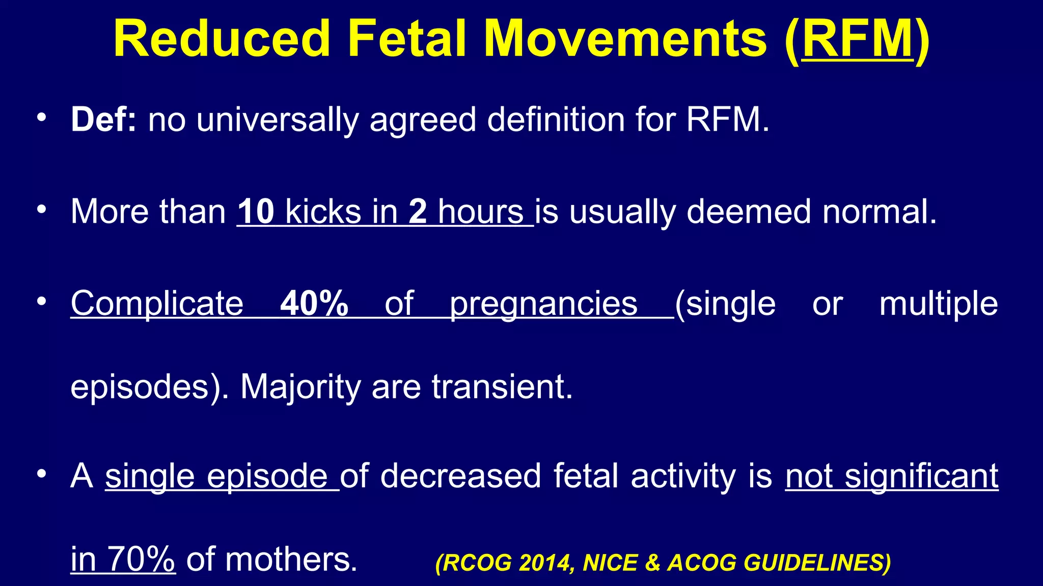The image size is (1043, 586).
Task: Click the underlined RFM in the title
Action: click(x=858, y=40)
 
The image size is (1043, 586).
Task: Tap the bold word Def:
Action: click(x=103, y=120)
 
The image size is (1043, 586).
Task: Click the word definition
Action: click(x=555, y=120)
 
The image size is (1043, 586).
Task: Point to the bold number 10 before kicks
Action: click(x=256, y=212)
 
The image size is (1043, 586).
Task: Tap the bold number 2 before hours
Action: click(x=418, y=212)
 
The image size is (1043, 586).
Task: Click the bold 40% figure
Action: click(x=314, y=304)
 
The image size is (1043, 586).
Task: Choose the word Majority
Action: click(x=300, y=388)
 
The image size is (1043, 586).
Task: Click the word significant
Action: click(x=921, y=477)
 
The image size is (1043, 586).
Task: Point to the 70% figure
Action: click(x=142, y=559)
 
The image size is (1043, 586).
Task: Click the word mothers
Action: click(x=291, y=560)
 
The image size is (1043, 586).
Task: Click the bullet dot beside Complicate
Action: click(x=42, y=301)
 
